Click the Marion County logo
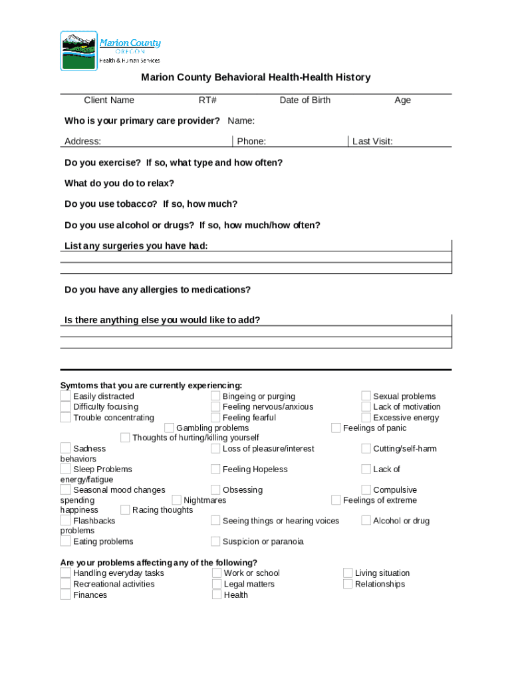(110, 51)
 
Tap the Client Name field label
(109, 100)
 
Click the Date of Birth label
(305, 100)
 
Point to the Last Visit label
(372, 141)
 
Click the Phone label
(251, 141)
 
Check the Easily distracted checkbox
(65, 396)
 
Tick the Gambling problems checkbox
(169, 428)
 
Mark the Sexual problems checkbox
(366, 396)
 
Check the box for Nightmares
(177, 500)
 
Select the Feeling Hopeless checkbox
(215, 469)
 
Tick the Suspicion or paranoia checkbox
(215, 541)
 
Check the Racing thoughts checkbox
(125, 510)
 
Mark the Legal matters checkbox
(217, 584)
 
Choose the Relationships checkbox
(348, 584)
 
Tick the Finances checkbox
(65, 595)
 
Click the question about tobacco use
(151, 204)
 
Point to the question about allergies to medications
(158, 290)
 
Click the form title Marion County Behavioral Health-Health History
(255, 78)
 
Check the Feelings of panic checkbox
(336, 428)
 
